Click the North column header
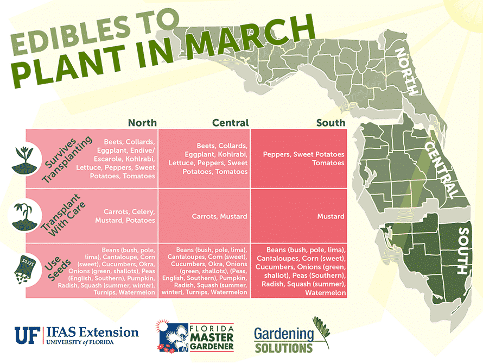142,123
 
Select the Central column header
231,123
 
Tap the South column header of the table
331,123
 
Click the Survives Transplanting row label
67,159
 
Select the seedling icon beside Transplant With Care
24,216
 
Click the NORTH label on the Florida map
406,72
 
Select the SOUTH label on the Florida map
463,251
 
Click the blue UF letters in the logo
28,335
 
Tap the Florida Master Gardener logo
195,336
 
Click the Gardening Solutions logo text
284,340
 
